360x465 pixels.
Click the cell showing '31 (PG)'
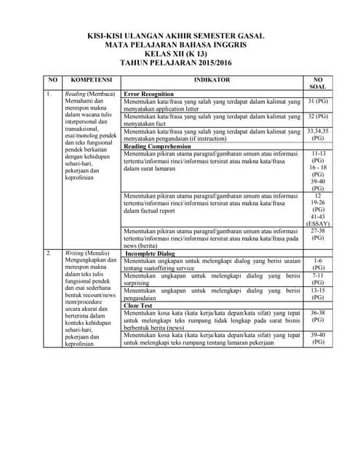317,102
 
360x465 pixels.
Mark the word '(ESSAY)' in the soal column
317,223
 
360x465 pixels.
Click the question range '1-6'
317,260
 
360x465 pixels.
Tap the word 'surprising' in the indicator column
139,283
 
